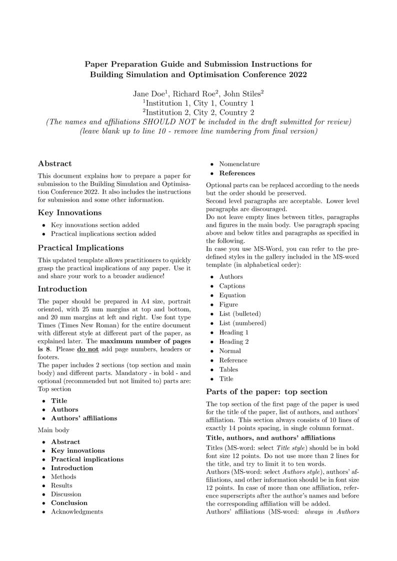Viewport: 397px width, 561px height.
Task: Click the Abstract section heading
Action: pos(55,163)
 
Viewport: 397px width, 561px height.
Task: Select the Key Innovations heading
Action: pos(69,212)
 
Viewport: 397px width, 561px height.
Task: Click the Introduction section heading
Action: pos(62,289)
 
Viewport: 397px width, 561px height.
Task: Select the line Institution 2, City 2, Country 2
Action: pos(198,112)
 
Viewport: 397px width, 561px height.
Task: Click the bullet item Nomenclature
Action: pos(239,164)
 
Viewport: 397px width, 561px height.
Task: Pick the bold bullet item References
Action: pos(237,173)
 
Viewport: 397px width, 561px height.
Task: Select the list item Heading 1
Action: pos(233,332)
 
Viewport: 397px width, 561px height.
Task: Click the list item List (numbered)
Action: pos(242,323)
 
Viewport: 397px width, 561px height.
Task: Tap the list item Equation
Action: pos(232,295)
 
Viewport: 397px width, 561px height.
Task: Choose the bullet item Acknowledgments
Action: pos(76,512)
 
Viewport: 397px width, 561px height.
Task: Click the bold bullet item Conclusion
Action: pos(69,503)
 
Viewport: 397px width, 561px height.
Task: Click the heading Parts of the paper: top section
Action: pos(266,392)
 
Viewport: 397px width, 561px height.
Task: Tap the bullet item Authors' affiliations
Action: pos(84,418)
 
